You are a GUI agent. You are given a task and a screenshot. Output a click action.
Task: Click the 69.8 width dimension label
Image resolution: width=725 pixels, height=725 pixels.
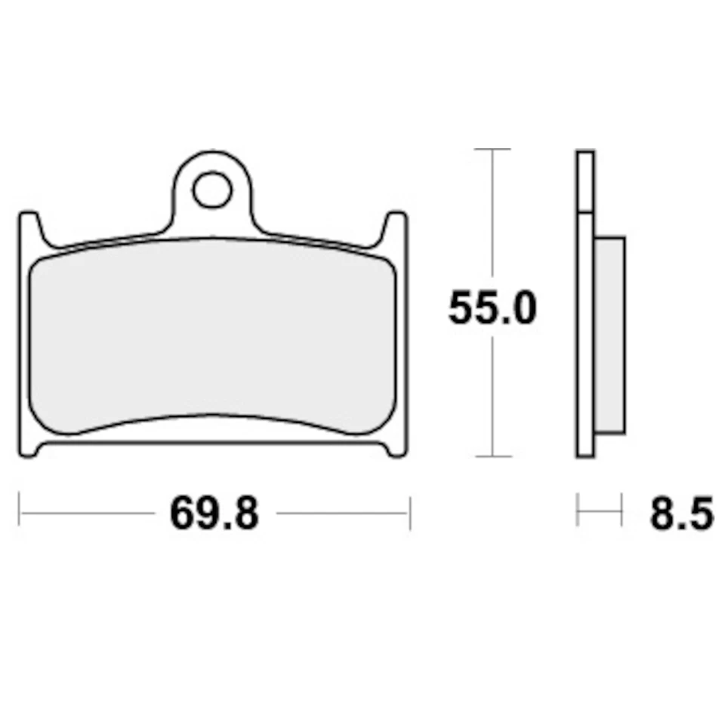214,514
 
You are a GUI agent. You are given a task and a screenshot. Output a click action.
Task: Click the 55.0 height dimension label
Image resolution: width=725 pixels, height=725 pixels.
492,309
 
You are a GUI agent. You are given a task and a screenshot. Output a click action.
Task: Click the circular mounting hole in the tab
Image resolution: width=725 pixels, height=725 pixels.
211,190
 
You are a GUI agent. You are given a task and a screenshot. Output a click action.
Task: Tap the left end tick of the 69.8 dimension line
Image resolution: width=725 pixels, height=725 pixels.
20,514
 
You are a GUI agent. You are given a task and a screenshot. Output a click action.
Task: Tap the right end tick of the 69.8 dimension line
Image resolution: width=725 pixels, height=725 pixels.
409,514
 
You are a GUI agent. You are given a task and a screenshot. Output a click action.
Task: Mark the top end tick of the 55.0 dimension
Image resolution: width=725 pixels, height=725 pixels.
492,150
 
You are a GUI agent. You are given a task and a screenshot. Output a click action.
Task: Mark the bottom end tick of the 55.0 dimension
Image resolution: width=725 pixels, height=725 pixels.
492,456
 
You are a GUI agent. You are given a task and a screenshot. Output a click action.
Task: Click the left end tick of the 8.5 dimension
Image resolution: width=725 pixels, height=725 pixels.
578,511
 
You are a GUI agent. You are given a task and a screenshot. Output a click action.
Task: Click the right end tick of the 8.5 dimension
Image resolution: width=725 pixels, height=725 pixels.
621,511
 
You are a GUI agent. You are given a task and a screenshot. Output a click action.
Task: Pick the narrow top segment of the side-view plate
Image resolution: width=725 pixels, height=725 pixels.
585,180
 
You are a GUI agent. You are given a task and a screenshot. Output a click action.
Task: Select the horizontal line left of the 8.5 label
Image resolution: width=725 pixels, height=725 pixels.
599,511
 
